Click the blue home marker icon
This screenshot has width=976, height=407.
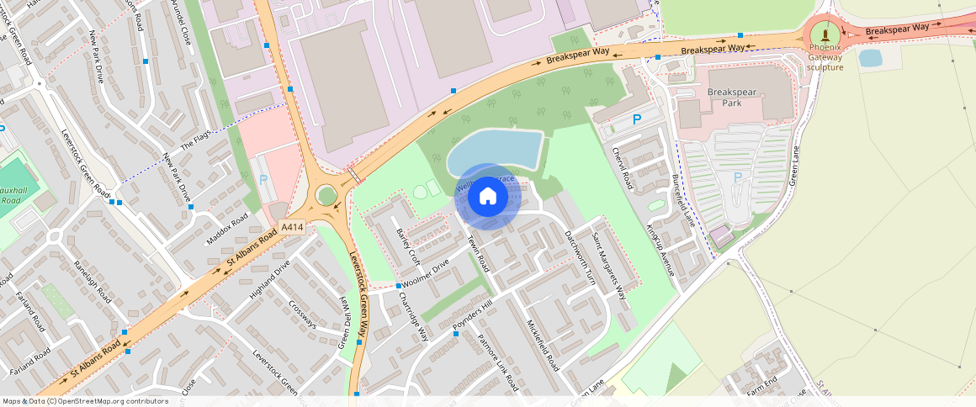coord(487,197)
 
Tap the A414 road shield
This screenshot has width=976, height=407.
coord(292,227)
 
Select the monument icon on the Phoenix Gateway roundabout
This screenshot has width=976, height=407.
coord(825,34)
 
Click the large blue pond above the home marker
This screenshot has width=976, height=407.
coord(494,151)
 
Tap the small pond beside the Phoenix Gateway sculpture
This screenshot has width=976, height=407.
coord(870,58)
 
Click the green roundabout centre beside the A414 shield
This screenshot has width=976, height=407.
coord(326,196)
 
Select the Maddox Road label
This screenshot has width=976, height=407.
coord(227,230)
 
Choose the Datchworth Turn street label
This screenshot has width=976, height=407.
coord(580,257)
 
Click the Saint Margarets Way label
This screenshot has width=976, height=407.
coord(609,266)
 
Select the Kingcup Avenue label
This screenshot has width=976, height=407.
coord(660,250)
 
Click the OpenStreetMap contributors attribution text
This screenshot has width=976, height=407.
coord(86,401)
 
